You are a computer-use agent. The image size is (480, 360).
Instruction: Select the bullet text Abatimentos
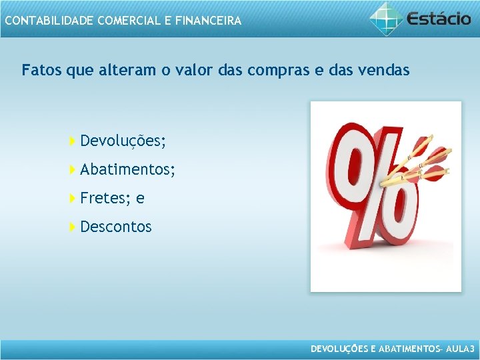pos(126,170)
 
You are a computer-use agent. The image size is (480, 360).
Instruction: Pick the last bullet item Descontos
pos(116,227)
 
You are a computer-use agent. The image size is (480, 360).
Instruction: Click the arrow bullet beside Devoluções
pos(72,141)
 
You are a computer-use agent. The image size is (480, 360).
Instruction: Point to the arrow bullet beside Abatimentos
pos(72,170)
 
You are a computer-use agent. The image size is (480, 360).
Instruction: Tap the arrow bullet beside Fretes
pos(72,199)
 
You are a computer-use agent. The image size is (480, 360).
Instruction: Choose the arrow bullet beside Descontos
pos(72,227)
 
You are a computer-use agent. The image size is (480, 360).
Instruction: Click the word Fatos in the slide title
pos(41,70)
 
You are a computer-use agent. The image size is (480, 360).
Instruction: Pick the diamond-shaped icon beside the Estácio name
pos(386,18)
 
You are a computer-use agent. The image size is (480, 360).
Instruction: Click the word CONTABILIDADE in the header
pos(49,21)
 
